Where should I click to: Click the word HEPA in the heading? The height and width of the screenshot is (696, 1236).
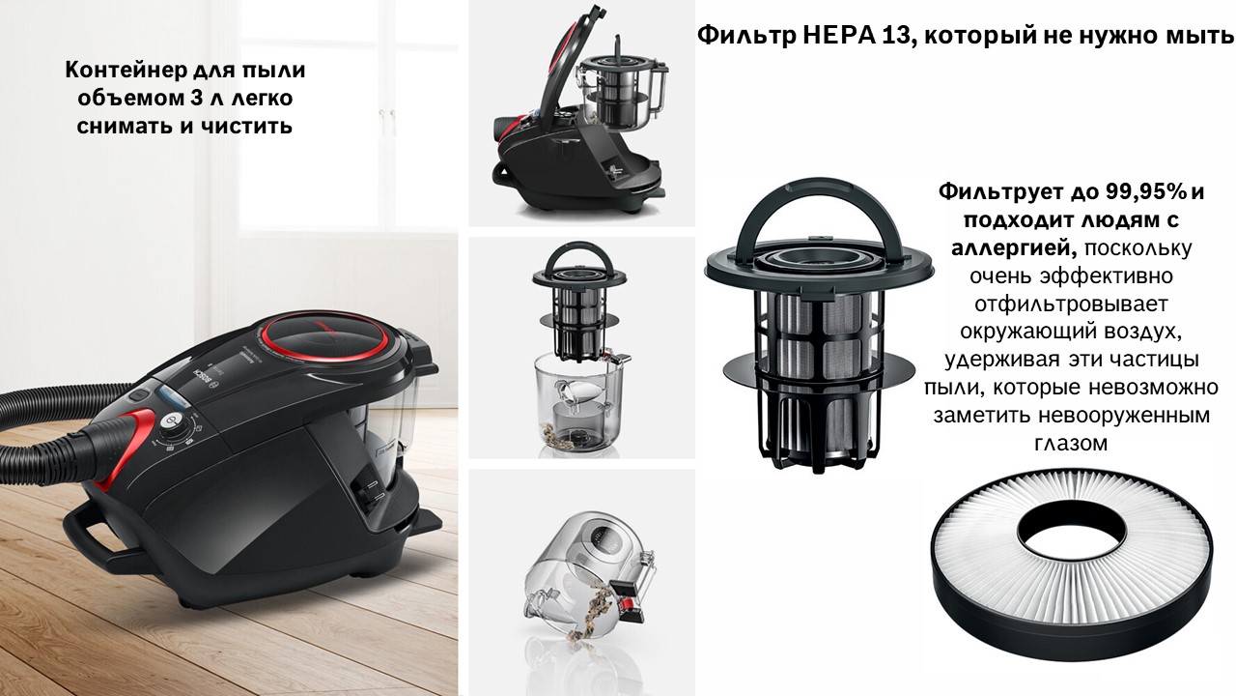[x=839, y=36]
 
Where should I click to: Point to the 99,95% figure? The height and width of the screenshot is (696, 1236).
[x=1145, y=191]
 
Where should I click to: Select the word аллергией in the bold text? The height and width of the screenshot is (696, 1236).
[x=1014, y=248]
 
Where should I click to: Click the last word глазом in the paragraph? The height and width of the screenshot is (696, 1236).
[x=1071, y=443]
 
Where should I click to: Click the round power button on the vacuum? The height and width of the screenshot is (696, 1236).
[x=172, y=421]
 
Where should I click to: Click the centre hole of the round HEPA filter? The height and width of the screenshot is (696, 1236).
[x=1071, y=530]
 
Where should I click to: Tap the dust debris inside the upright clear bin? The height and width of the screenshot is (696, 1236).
[x=562, y=436]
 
